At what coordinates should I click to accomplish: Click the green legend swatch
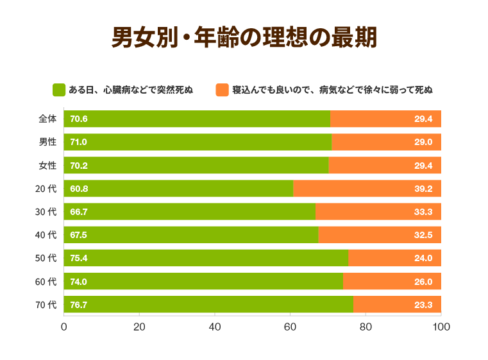59,90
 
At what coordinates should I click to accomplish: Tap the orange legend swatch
222,90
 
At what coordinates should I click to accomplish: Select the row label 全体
47,119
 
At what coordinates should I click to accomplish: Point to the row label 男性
47,142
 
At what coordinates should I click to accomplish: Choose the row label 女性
47,166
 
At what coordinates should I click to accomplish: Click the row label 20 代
46,189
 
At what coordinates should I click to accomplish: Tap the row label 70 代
46,305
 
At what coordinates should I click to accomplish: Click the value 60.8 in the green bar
79,189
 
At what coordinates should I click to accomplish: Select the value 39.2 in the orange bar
423,189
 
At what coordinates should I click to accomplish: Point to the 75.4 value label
79,259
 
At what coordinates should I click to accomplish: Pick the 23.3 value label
423,305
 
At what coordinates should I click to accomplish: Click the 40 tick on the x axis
215,327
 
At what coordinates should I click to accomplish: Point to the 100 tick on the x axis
441,327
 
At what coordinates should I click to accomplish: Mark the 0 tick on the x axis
64,327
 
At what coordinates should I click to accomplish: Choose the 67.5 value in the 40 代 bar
79,236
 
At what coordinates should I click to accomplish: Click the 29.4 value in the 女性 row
423,166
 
